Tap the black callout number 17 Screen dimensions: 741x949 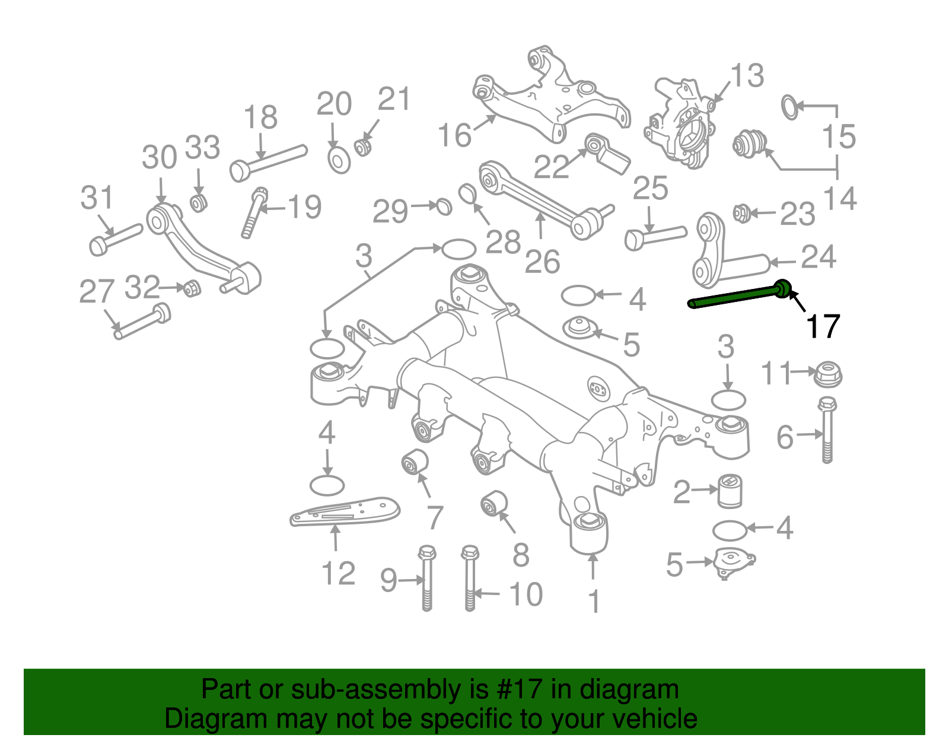[822, 327]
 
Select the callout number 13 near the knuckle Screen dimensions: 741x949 [747, 77]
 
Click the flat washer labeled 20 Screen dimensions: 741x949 [339, 160]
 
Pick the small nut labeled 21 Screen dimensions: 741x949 [363, 146]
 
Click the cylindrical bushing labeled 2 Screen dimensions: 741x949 [730, 491]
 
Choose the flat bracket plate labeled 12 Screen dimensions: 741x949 [344, 511]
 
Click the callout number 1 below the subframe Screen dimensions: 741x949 [594, 602]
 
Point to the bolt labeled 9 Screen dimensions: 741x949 [426, 578]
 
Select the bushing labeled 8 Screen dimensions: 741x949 [493, 504]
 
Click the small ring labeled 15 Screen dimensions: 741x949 [790, 107]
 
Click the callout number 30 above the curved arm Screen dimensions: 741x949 [159, 158]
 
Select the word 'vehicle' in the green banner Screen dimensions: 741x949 [654, 719]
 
